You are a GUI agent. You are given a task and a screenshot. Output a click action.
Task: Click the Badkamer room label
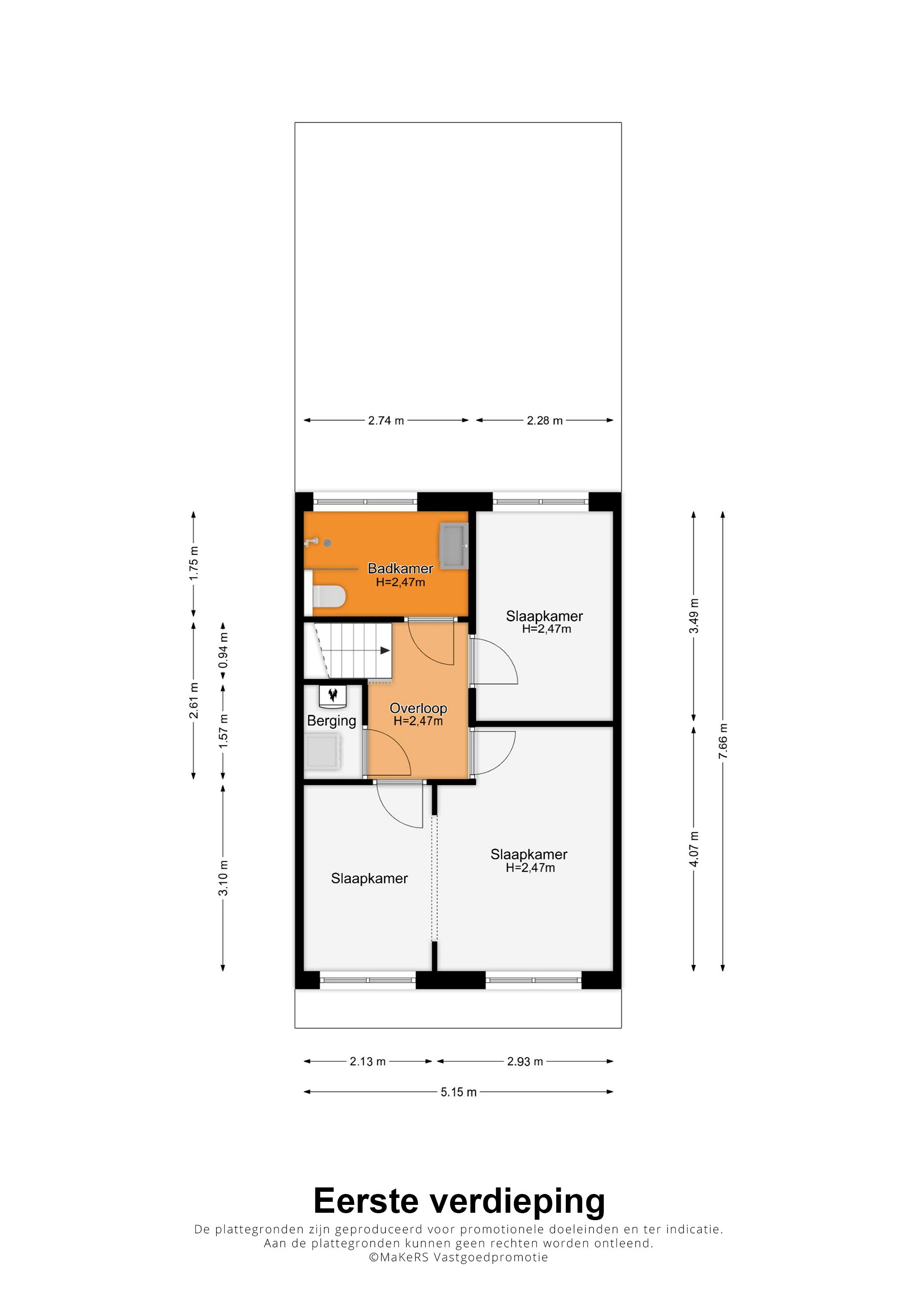pyautogui.click(x=400, y=568)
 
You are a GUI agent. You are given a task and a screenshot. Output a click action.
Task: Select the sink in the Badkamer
pyautogui.click(x=454, y=545)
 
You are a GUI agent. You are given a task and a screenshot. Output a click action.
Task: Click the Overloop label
pyautogui.click(x=418, y=708)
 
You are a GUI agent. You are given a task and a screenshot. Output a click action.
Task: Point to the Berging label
pyautogui.click(x=332, y=721)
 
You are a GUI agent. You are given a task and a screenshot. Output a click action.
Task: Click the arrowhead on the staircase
pyautogui.click(x=385, y=650)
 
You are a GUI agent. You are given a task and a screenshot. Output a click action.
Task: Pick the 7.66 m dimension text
pyautogui.click(x=723, y=740)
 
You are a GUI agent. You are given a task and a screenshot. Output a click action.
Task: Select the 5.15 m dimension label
pyautogui.click(x=459, y=1092)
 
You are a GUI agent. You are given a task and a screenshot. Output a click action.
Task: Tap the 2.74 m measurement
pyautogui.click(x=386, y=420)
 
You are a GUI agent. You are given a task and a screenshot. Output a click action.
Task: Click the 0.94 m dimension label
pyautogui.click(x=223, y=650)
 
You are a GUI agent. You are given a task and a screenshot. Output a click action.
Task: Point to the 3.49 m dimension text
pyautogui.click(x=693, y=616)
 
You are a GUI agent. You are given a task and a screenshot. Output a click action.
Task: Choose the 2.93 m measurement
pyautogui.click(x=525, y=1061)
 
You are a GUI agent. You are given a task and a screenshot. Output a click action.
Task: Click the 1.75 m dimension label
pyautogui.click(x=194, y=563)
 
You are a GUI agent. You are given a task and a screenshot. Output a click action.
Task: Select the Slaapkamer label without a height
pyautogui.click(x=369, y=878)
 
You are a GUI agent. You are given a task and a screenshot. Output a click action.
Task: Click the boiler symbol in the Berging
pyautogui.click(x=333, y=695)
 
